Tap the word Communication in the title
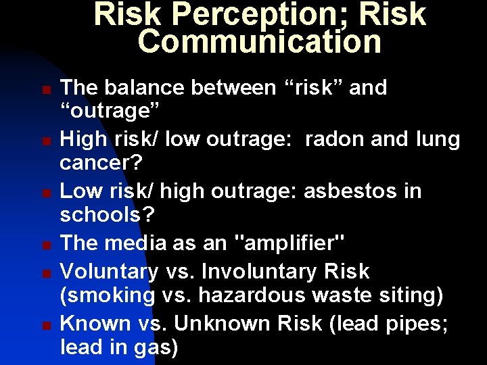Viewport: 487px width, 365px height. tap(260, 42)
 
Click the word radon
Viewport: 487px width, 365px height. tap(336, 139)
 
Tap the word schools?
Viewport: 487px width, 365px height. tap(107, 216)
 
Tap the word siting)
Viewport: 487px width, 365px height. tap(412, 296)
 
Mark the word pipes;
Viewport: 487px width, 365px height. tap(417, 323)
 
